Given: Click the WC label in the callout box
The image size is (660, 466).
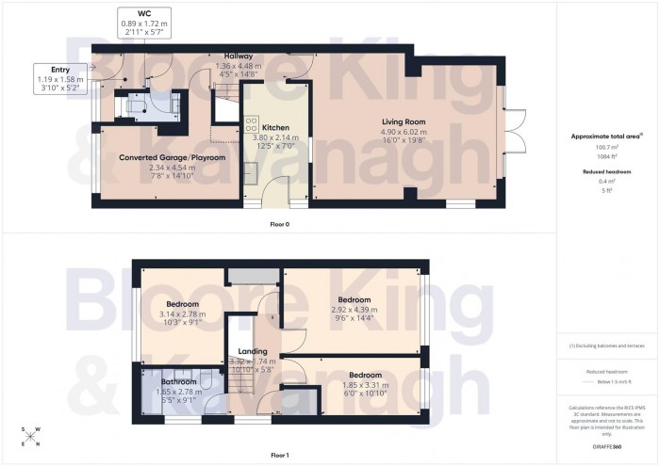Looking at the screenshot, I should point(143,14).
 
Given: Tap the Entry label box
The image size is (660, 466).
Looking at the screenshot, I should point(60,69).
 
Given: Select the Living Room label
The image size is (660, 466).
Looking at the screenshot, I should point(405,121).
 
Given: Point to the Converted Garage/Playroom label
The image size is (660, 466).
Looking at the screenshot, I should point(172,157).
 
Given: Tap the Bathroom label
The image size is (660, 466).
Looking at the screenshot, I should point(177,381).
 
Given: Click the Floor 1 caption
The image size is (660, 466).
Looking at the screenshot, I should point(278,454).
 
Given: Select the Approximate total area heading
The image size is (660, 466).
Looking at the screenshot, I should point(607,136).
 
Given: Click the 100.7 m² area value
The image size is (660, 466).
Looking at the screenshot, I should point(606,147).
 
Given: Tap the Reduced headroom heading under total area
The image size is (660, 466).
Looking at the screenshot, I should point(606,172).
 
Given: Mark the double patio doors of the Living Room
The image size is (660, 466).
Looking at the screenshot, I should point(510,122).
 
